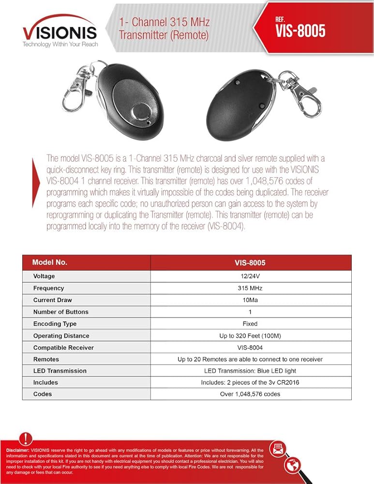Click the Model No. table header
point(49,262)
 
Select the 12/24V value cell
point(250,276)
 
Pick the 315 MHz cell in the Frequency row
point(250,288)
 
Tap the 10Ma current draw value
point(250,300)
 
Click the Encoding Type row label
point(55,324)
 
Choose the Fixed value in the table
point(250,324)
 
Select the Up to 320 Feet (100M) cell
point(250,335)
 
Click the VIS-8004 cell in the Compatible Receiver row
point(250,348)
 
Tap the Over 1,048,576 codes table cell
point(250,394)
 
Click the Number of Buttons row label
point(60,312)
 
